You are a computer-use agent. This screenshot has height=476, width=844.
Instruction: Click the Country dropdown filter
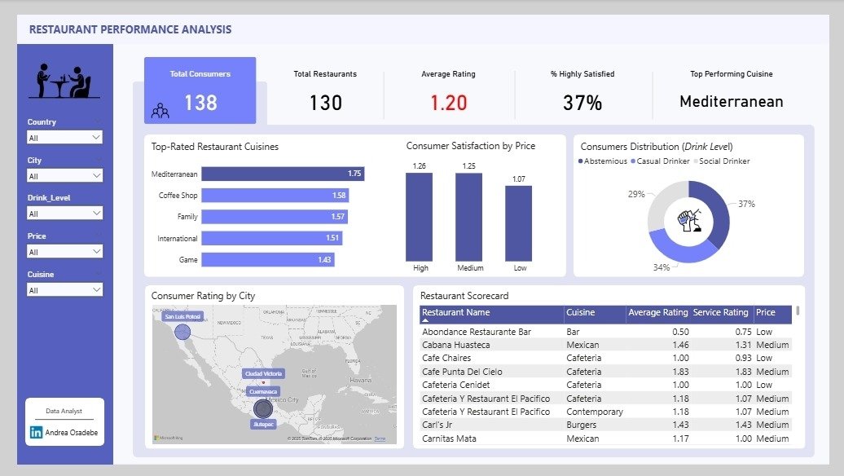(64, 138)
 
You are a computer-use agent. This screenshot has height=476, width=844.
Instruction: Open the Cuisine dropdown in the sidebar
(64, 289)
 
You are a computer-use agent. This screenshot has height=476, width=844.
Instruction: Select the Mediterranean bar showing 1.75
(282, 174)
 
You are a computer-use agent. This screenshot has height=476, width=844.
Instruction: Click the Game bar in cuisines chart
(267, 259)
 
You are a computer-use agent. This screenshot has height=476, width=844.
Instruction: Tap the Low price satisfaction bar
(518, 223)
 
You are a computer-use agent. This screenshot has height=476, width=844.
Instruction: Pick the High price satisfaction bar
(419, 216)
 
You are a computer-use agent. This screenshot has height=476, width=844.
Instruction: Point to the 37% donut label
(746, 204)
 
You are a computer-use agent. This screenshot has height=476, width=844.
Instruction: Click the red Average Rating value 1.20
(448, 103)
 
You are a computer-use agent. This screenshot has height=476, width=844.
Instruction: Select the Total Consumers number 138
(200, 103)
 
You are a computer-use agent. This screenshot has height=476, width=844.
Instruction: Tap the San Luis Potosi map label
(182, 316)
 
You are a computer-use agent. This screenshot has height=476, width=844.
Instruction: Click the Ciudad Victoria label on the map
(263, 373)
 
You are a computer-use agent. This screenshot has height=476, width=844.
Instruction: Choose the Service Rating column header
(720, 312)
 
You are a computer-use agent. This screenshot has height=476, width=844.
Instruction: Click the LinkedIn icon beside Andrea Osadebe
(37, 433)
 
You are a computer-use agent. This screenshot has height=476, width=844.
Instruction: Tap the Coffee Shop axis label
(178, 196)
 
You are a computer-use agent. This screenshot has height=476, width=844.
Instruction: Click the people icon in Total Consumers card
(160, 110)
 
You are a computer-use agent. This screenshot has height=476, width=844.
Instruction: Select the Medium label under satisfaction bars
(470, 267)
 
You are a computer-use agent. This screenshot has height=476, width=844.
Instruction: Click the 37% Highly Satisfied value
(582, 103)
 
